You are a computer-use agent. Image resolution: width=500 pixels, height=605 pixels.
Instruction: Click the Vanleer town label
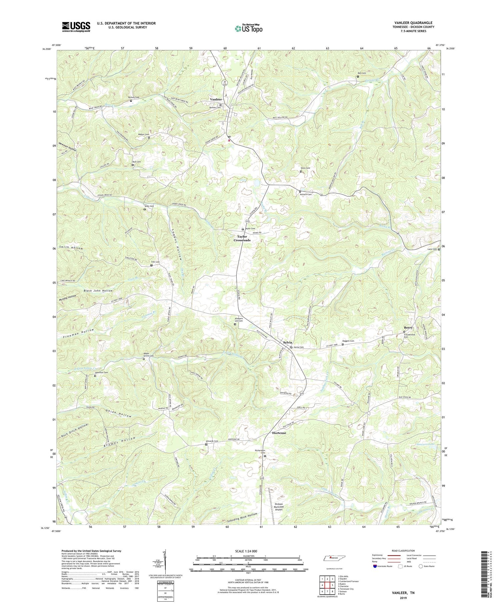coord(216,100)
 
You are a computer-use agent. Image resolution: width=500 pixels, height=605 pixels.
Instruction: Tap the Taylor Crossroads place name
coord(242,238)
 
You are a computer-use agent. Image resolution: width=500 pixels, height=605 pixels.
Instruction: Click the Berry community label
coord(408,328)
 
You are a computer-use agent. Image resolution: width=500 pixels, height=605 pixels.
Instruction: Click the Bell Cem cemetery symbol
coord(358,76)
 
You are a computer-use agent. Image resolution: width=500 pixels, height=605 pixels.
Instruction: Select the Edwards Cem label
coord(212,441)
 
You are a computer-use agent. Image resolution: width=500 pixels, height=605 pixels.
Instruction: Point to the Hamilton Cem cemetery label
coord(101,372)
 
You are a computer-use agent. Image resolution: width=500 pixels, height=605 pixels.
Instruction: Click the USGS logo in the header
coord(76,27)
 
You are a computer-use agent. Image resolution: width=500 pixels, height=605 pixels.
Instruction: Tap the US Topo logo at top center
coord(248,28)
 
